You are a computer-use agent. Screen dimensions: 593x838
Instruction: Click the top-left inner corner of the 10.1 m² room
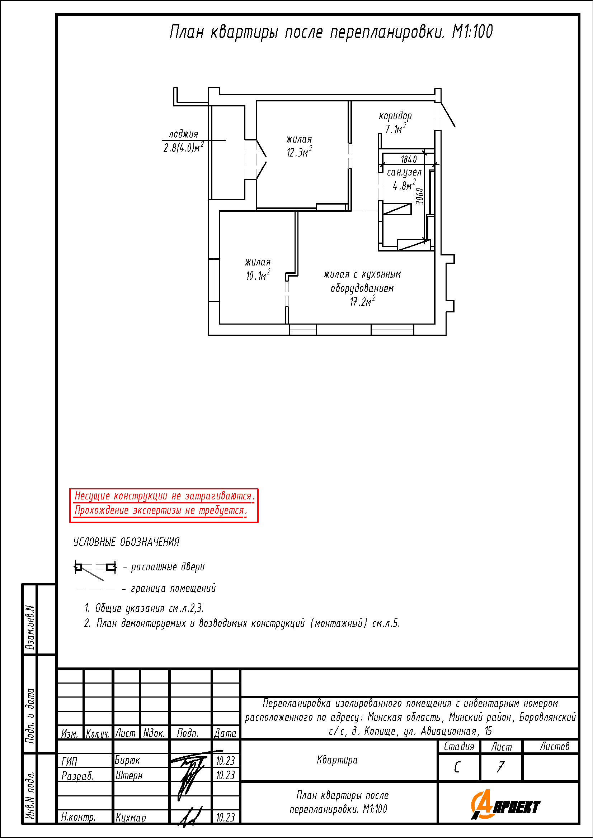(x=220, y=211)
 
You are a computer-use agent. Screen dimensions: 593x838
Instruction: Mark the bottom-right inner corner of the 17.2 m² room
(x=434, y=324)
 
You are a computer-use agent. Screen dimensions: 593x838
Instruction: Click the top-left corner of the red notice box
(x=70, y=489)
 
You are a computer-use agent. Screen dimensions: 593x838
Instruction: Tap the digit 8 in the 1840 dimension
(x=406, y=159)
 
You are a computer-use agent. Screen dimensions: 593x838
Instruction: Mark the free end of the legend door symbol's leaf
(x=103, y=580)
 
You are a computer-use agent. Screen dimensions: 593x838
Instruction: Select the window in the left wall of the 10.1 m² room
(x=214, y=280)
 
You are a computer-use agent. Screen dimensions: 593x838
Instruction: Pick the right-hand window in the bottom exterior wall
(x=392, y=330)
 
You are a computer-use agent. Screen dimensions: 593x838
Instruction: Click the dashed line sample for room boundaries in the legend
(x=95, y=589)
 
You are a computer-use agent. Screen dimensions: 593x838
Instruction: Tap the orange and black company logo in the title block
(x=505, y=804)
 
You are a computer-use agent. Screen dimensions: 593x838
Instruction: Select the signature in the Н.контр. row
(x=189, y=817)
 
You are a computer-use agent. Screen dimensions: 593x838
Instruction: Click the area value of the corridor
(x=395, y=129)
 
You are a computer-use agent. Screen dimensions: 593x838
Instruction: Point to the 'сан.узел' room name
(x=404, y=172)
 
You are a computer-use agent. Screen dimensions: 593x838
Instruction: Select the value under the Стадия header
(x=457, y=767)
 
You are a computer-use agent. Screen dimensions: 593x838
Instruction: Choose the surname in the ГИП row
(x=127, y=760)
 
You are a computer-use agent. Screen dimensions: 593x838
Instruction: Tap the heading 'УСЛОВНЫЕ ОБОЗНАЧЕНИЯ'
(x=126, y=542)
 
